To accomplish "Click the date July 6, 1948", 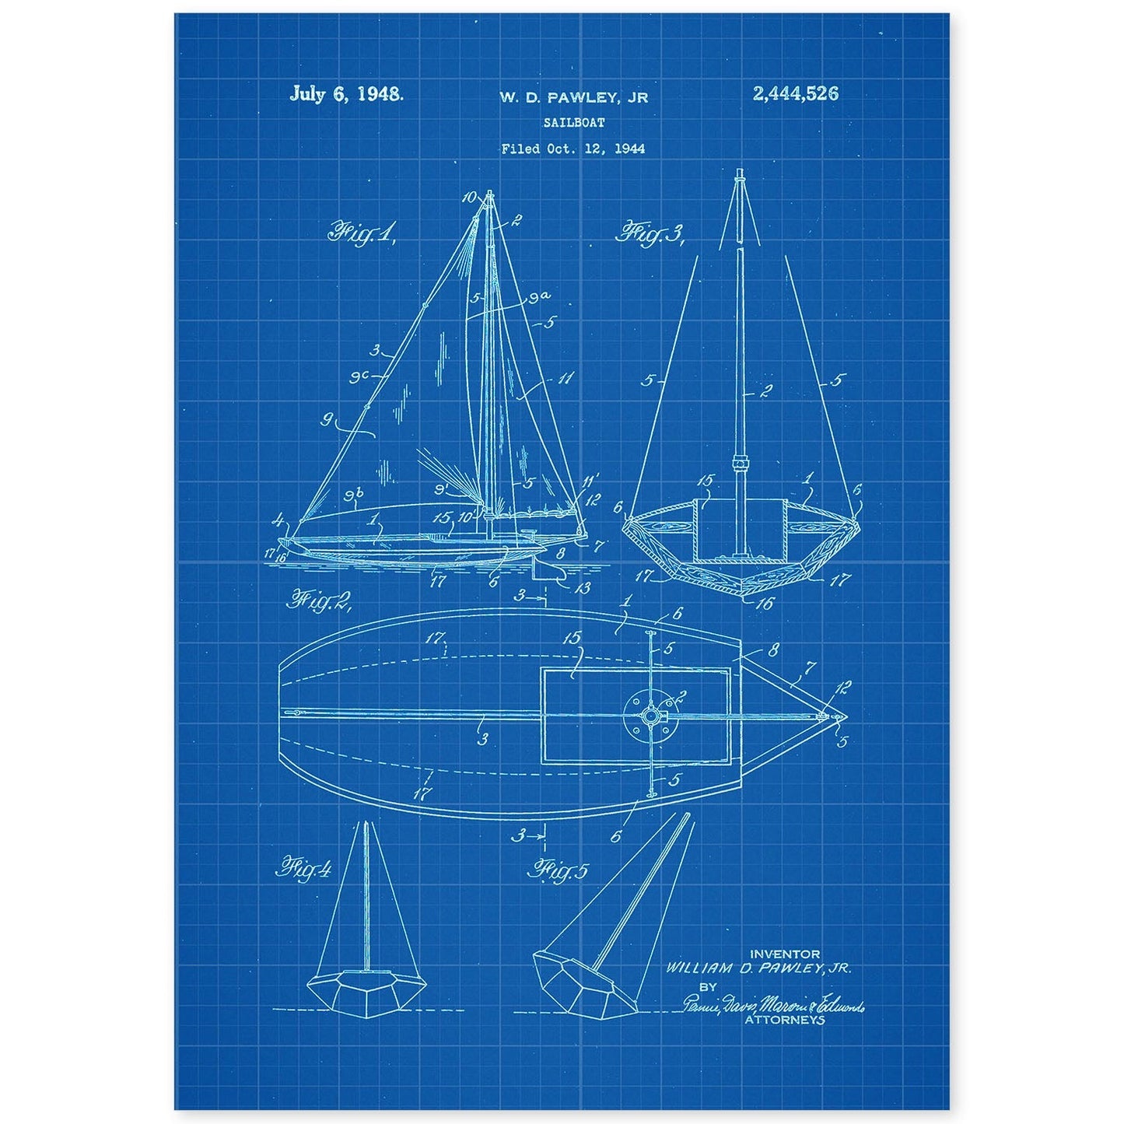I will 346,95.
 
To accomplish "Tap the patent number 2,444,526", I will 795,94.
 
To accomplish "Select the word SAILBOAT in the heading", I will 573,122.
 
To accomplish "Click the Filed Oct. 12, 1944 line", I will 573,149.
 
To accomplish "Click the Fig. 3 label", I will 649,233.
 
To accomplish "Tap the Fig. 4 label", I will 303,868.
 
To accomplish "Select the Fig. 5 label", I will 558,870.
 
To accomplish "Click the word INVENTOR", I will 784,954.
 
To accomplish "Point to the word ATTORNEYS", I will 784,1020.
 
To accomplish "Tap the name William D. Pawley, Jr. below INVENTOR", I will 758,968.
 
